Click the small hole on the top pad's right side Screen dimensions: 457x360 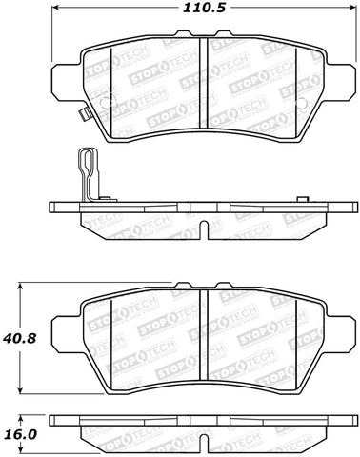(300, 104)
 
